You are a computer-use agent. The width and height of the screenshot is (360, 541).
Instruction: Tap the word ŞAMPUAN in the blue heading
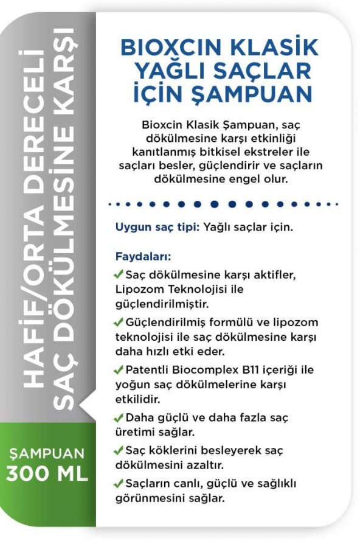click(271, 94)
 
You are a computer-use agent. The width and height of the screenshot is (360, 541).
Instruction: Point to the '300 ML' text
click(47, 473)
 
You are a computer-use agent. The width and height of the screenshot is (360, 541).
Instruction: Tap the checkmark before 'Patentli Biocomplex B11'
click(119, 370)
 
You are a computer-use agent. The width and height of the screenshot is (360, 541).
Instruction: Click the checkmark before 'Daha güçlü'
click(119, 417)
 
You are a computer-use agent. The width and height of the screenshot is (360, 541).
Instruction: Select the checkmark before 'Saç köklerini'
click(119, 451)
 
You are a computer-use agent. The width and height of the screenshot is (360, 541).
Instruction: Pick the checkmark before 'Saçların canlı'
click(119, 484)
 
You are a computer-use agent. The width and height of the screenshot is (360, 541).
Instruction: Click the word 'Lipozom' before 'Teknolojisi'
click(135, 289)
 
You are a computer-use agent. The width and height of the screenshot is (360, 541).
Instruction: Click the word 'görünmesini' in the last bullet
click(144, 498)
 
